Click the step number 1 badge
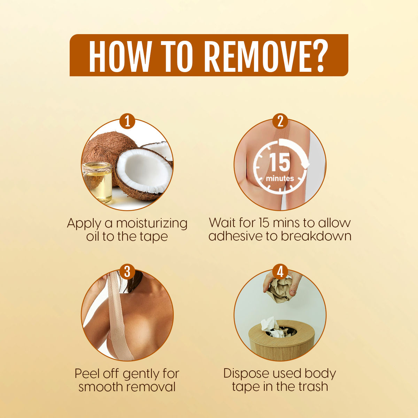click(127, 121)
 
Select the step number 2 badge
click(280, 121)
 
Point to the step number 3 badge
click(127, 272)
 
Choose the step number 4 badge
click(280, 272)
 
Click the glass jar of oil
click(97, 183)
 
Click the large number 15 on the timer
click(279, 162)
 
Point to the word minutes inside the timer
click(280, 179)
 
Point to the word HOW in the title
click(119, 55)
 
